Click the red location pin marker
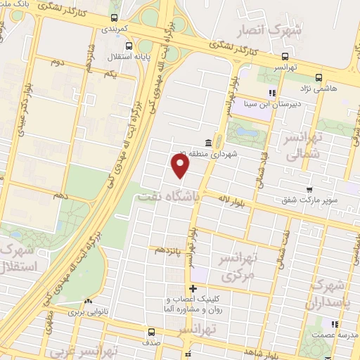pos(181,166)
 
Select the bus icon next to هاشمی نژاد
pos(319,78)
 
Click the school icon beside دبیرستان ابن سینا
pos(271,92)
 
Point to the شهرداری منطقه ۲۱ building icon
pos(208,143)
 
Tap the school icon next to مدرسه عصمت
pos(335,324)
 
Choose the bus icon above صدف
pos(150,333)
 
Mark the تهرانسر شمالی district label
pos(302,146)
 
